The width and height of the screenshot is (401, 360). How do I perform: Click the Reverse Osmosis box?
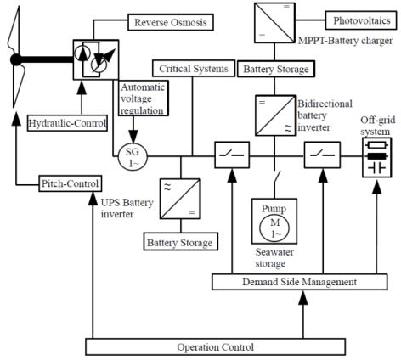click(171, 22)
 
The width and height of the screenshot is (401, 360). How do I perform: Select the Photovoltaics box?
click(361, 20)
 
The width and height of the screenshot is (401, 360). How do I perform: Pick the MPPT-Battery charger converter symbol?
click(274, 23)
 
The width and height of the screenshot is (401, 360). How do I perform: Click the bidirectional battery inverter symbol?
click(275, 115)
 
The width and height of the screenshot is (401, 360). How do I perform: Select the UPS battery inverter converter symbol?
click(180, 199)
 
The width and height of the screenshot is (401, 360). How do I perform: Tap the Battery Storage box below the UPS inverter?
click(181, 242)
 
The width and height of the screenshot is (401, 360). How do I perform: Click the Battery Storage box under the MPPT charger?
click(276, 69)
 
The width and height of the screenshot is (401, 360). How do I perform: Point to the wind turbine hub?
click(16, 59)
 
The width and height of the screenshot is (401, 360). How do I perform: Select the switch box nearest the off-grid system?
click(322, 155)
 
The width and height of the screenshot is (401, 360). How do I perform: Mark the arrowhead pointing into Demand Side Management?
click(303, 298)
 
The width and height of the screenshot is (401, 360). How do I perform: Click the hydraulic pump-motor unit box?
click(96, 59)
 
